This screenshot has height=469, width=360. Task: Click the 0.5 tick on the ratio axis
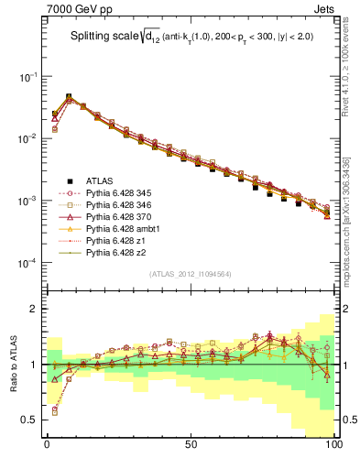tap(30, 420)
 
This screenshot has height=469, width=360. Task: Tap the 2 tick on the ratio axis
tap(36, 309)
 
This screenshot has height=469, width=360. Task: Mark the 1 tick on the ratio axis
tap(36, 365)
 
